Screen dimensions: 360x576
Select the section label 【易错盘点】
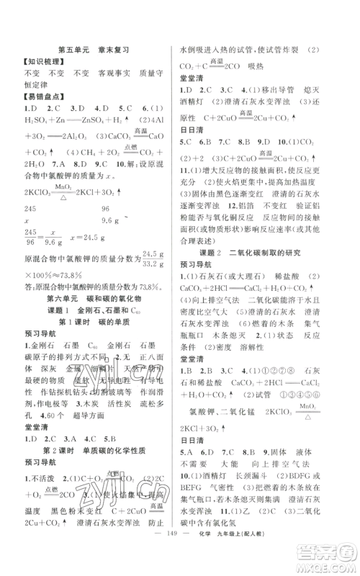[42, 96]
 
